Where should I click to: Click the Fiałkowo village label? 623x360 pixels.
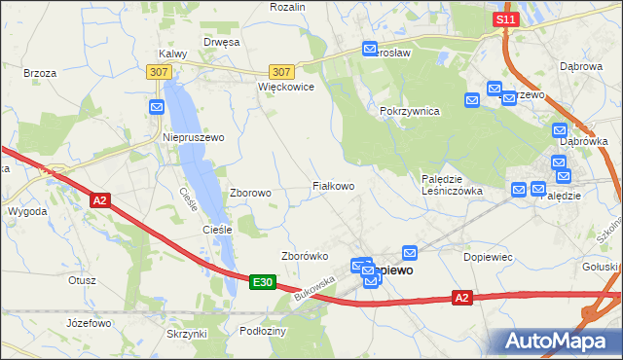(x=332, y=185)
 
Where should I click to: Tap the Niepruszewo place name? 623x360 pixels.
(x=193, y=138)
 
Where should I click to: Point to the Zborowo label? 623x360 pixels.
(x=250, y=193)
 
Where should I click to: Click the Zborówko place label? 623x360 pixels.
(x=302, y=257)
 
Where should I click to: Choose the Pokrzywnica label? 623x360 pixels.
(x=410, y=111)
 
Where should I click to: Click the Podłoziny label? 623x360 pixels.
(x=262, y=331)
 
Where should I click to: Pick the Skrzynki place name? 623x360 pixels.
(x=187, y=334)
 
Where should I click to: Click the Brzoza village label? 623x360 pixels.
(x=40, y=72)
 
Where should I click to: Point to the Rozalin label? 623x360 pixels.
(x=287, y=7)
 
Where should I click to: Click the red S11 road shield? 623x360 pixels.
(x=503, y=19)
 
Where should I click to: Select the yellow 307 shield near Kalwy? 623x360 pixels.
(x=159, y=72)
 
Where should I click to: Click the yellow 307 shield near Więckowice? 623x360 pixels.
(x=281, y=72)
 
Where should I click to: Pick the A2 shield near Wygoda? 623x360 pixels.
(x=99, y=200)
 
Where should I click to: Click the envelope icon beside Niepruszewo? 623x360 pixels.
(x=157, y=107)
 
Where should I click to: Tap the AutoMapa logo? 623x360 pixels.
(x=554, y=341)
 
